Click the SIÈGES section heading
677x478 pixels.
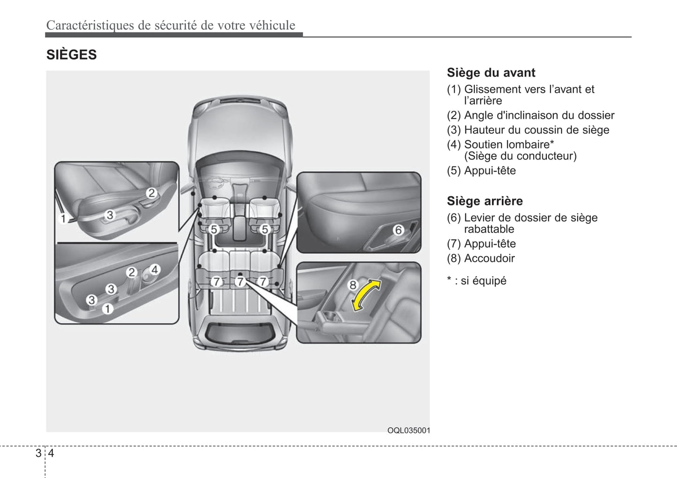(x=71, y=55)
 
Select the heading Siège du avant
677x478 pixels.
(x=491, y=73)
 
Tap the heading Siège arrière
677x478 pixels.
(x=484, y=201)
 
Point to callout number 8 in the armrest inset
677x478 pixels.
(x=352, y=285)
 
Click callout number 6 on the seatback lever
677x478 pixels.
(x=398, y=230)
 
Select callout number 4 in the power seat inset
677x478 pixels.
(x=155, y=269)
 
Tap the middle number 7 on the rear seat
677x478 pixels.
(x=240, y=281)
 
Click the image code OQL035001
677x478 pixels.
(x=408, y=431)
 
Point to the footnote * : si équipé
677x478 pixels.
(x=476, y=281)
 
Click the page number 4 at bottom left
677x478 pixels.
(x=51, y=453)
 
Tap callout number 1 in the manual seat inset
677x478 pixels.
(x=63, y=219)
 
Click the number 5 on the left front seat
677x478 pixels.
(x=214, y=229)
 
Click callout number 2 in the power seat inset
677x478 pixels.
(x=132, y=273)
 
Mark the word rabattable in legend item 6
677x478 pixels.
(x=489, y=229)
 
